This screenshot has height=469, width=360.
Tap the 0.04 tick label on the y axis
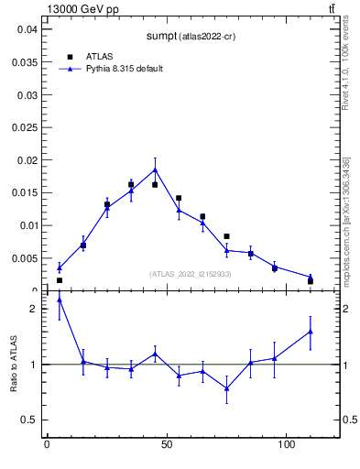click(x=27, y=29)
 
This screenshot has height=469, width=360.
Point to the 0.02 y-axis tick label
click(x=27, y=160)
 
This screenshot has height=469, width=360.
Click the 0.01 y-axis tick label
click(x=27, y=225)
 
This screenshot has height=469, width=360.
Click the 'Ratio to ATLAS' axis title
click(x=14, y=365)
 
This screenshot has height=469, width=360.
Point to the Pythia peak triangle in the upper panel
click(x=155, y=169)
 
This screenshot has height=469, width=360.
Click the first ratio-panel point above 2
click(x=60, y=300)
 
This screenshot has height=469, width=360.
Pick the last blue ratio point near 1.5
click(x=311, y=332)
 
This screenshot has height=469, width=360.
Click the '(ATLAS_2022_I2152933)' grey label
click(x=191, y=274)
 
